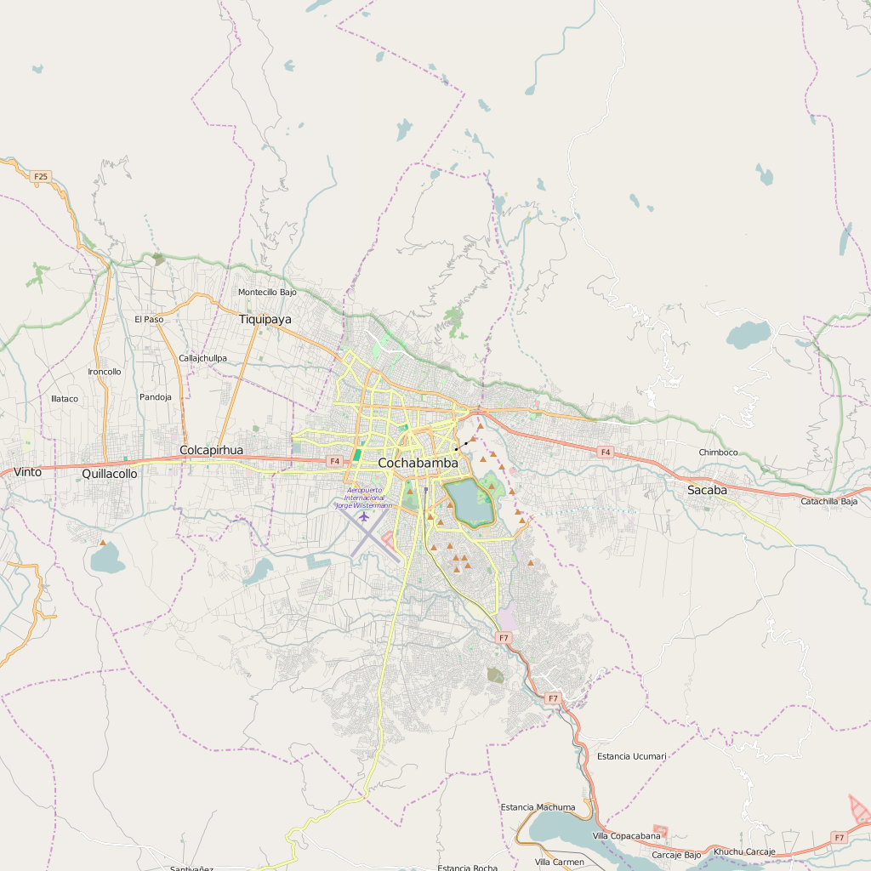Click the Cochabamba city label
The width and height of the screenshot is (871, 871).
[418, 463]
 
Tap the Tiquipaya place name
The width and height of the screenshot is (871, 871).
[265, 319]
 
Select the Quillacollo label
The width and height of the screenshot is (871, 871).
[109, 474]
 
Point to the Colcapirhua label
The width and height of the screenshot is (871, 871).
[211, 450]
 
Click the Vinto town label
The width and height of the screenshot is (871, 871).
[27, 472]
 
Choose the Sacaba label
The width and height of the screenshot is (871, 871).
[707, 490]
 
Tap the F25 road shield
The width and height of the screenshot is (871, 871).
[40, 177]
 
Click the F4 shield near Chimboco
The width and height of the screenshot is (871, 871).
[605, 452]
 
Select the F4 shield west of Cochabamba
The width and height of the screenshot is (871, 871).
[334, 461]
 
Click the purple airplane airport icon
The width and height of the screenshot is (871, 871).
[364, 516]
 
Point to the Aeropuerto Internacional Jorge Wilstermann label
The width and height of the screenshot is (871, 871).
[364, 498]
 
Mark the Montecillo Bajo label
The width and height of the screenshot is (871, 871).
[267, 292]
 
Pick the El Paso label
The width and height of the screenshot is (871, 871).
[149, 319]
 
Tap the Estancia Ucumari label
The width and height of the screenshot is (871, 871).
[632, 755]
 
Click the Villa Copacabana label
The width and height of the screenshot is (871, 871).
[626, 836]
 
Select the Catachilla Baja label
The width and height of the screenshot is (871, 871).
[829, 501]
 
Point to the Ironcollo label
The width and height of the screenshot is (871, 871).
[105, 372]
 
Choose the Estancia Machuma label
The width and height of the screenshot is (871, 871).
[538, 807]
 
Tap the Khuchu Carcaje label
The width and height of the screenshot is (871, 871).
[744, 851]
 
